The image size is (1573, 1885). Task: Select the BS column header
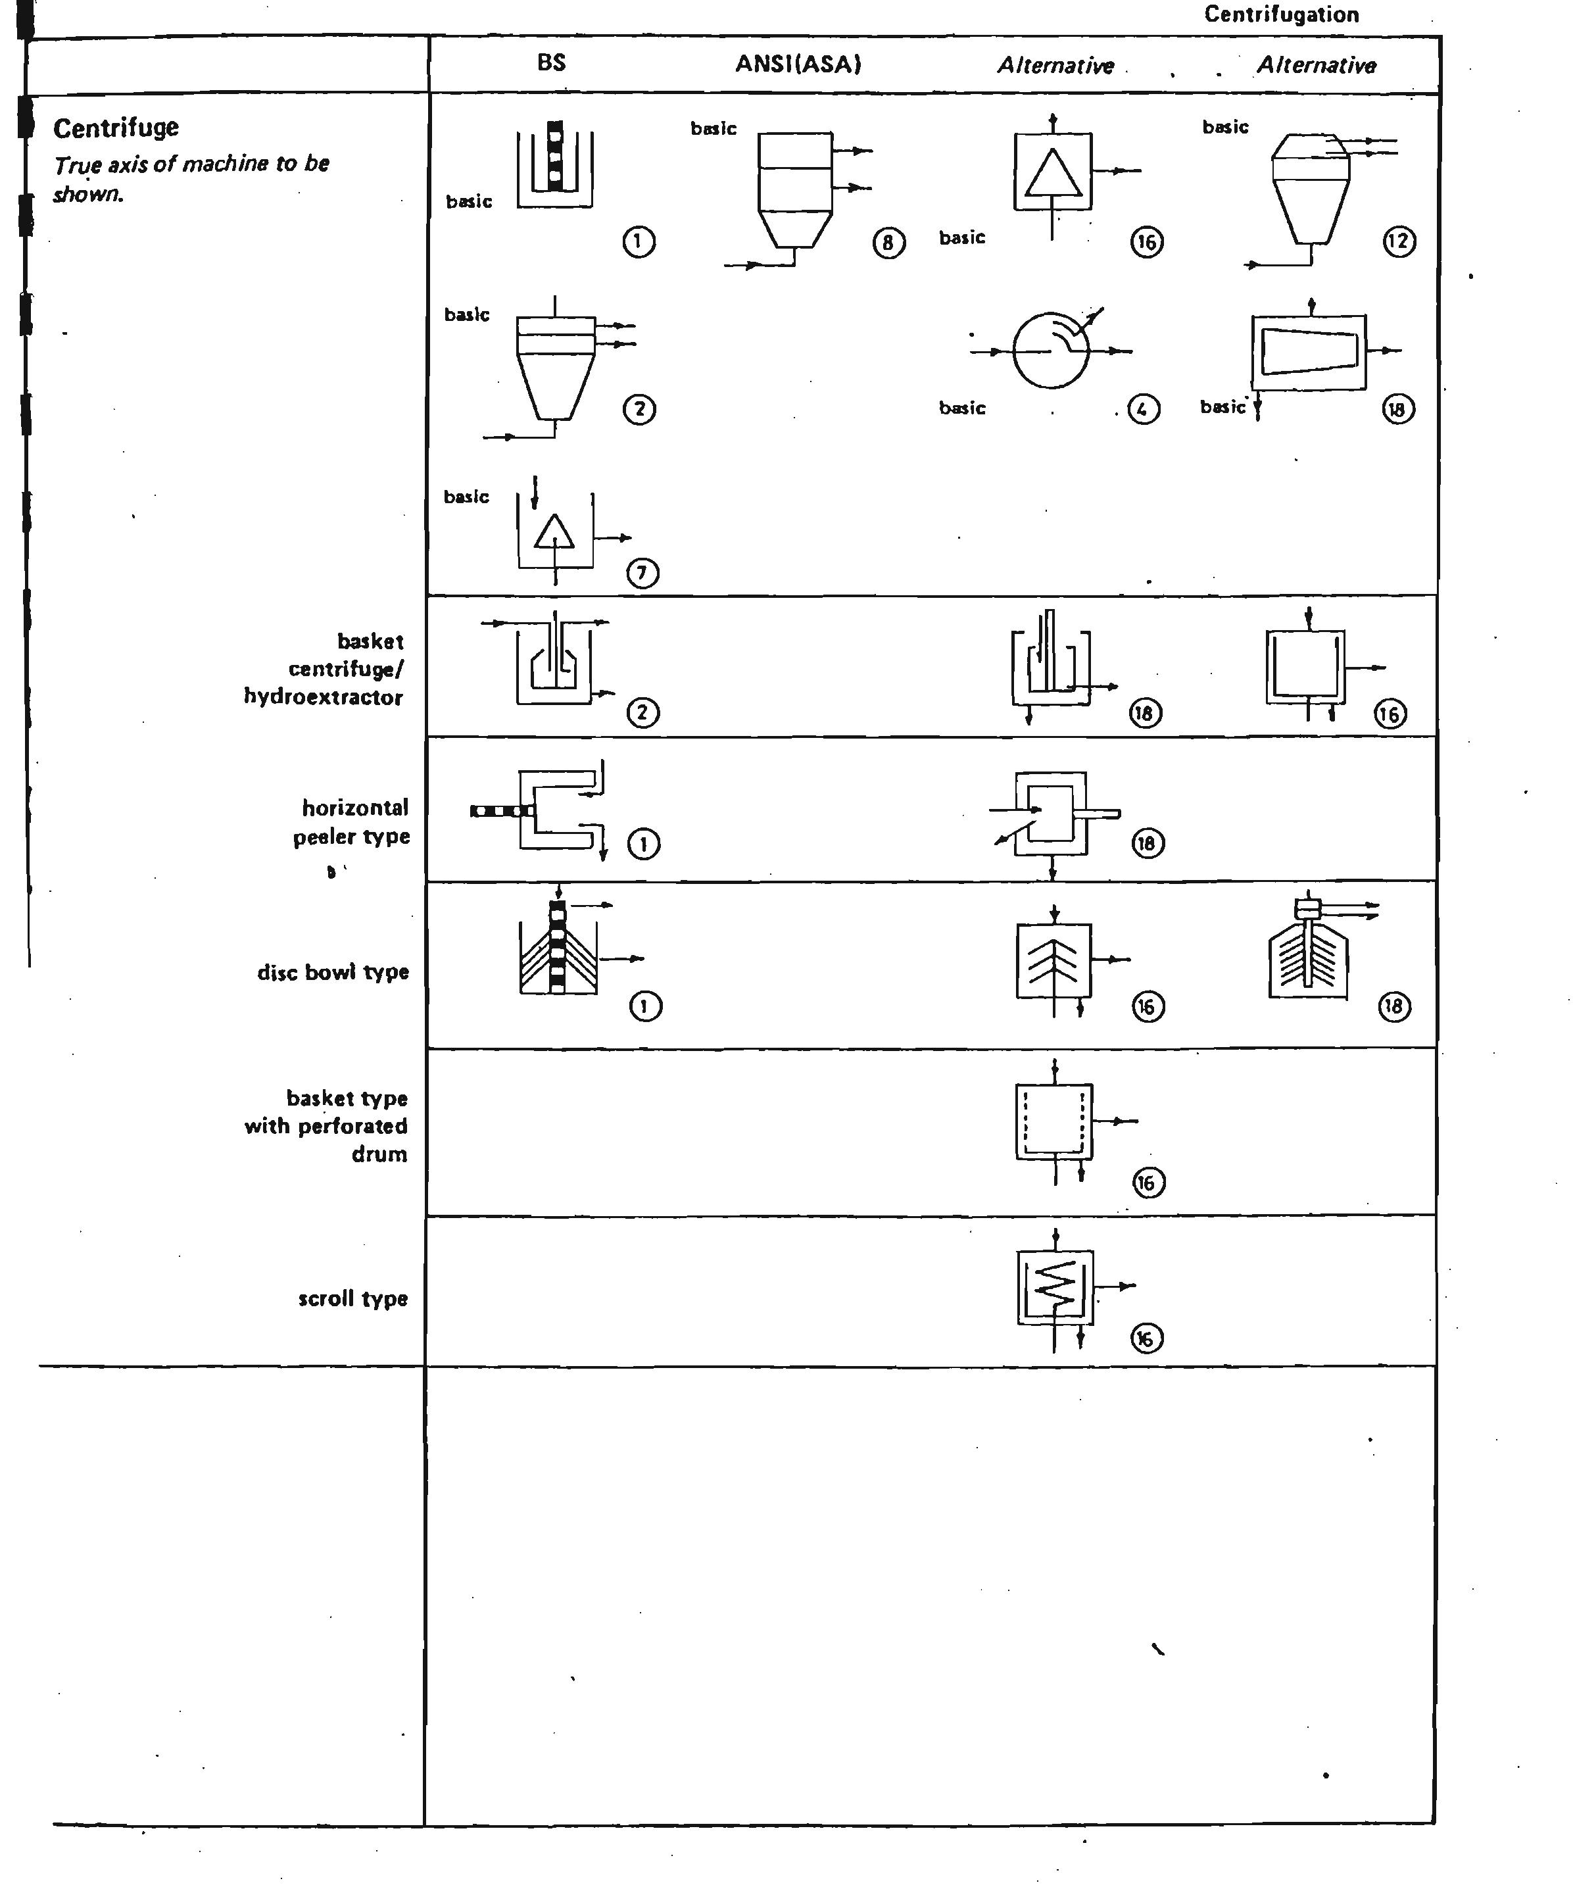point(551,62)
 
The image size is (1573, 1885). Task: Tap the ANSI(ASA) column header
point(798,64)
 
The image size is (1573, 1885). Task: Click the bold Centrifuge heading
point(116,128)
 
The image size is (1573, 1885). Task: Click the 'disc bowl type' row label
point(333,971)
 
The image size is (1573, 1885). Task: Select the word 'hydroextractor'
point(323,697)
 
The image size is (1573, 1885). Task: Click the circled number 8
point(888,242)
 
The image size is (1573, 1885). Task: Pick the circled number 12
point(1399,241)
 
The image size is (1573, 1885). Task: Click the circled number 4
point(1142,409)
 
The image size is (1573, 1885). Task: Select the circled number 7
point(642,573)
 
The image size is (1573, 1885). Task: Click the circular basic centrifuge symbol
point(1051,350)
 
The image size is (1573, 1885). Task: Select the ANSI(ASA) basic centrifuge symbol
point(795,193)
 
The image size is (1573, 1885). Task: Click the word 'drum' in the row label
point(379,1154)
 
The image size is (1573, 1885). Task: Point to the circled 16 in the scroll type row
point(1147,1339)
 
